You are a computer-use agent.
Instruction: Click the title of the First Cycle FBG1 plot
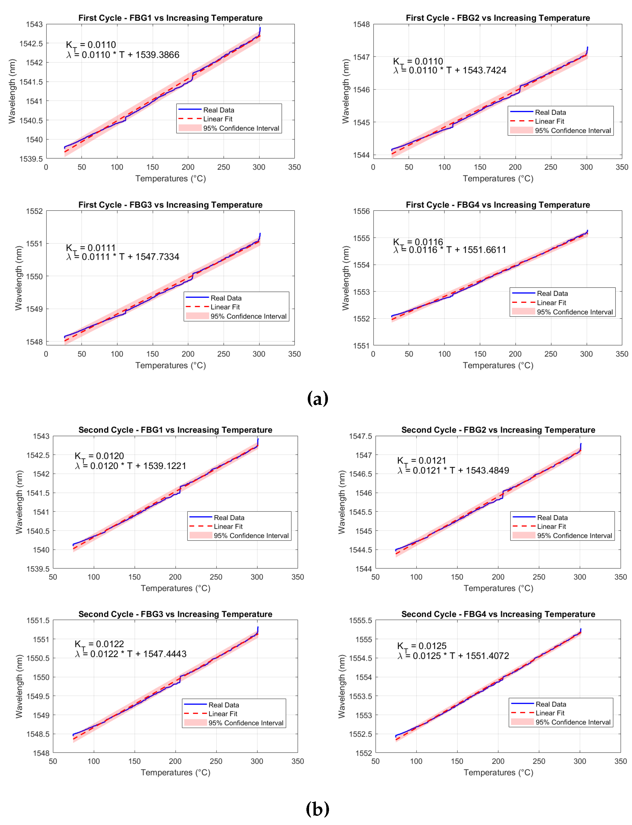tap(170, 18)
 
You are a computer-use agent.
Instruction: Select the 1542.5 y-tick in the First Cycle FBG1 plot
tap(31, 44)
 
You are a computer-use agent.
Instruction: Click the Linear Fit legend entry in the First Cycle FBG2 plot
tap(549, 121)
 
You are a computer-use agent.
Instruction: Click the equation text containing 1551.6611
tap(450, 250)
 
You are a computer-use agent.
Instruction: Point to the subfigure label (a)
tap(317, 398)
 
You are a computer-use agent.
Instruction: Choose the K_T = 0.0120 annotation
tap(99, 456)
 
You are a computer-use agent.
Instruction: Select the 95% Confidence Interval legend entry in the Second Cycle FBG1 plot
tap(251, 536)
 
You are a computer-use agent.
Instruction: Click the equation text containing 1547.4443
tap(130, 654)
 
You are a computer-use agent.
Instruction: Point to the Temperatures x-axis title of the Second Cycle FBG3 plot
tap(175, 772)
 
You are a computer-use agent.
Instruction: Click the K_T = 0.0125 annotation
tap(422, 646)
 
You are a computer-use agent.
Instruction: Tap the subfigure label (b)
tap(317, 809)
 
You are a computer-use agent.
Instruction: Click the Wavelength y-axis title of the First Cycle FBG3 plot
tap(18, 278)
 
